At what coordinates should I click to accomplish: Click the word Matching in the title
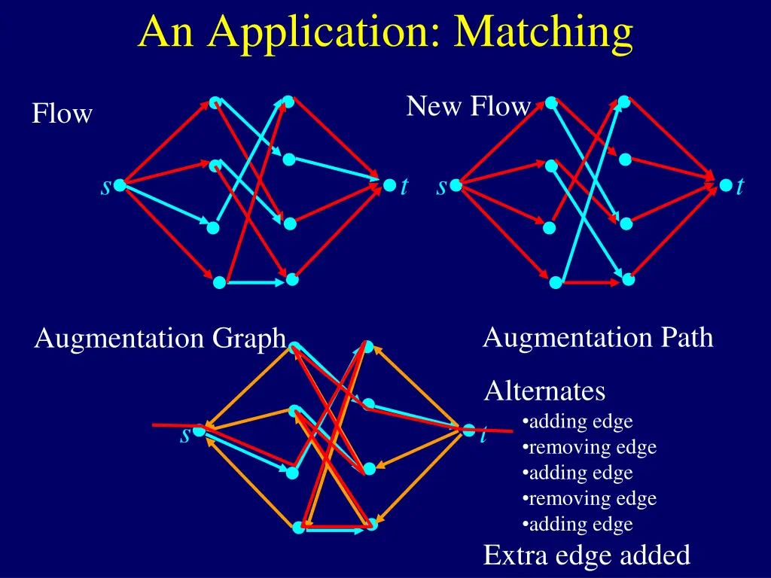coord(543,33)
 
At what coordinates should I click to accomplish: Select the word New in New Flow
coord(434,105)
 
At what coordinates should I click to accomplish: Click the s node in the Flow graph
coord(120,185)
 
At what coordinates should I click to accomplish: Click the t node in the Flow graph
coord(389,185)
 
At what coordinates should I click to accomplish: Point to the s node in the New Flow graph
coord(456,185)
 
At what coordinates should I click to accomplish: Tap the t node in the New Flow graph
coord(726,185)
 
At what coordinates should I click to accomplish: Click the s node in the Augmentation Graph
coord(199,430)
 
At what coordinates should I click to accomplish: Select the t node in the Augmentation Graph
coord(469,430)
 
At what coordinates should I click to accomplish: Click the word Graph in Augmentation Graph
coord(249,339)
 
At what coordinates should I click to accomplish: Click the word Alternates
coord(544,391)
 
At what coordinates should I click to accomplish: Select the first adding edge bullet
coord(577,421)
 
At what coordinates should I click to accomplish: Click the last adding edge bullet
coord(577,524)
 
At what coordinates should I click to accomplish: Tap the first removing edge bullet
coord(590,447)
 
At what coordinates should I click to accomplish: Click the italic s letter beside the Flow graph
coord(105,187)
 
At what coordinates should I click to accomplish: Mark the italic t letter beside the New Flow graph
coord(740,187)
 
